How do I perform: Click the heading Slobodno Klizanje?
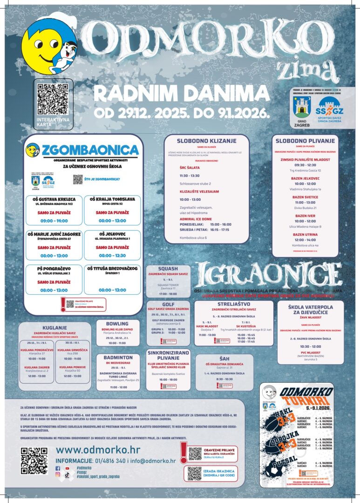coord(206,141)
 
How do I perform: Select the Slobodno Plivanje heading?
coord(305,141)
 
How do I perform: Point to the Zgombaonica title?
coord(90,150)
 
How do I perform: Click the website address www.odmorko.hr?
coord(98,450)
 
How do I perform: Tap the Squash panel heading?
coord(168,269)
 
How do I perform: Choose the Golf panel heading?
coord(168,304)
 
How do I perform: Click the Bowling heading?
coord(117,323)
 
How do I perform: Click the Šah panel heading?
coord(224,359)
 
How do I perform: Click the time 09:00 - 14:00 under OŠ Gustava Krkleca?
coord(54,221)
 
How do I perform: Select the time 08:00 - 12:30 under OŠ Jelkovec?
coord(112,256)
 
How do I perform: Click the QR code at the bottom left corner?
coord(34,461)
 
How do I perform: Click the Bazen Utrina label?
coord(305,235)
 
